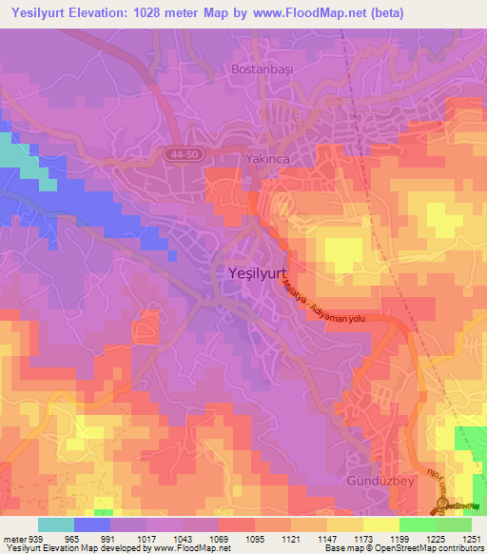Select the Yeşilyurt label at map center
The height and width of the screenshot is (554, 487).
coord(258,273)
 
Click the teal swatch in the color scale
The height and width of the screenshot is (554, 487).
coord(55,524)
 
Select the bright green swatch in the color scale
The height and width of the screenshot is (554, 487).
coord(417,524)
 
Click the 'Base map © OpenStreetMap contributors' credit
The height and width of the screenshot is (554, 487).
coord(402,548)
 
